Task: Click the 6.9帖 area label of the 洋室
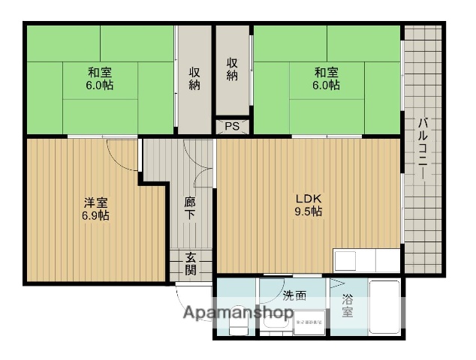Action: click(95, 216)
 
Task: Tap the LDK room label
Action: click(308, 198)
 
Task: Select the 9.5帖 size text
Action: click(308, 211)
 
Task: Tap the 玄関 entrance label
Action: click(191, 264)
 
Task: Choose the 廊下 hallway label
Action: click(191, 207)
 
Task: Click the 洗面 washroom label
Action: click(294, 295)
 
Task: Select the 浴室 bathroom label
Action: click(348, 305)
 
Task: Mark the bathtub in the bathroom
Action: click(384, 306)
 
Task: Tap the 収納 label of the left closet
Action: click(194, 78)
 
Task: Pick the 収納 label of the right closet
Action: click(233, 69)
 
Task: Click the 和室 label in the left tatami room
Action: click(100, 73)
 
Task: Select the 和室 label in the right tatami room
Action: click(326, 73)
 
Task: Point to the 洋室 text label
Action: click(95, 202)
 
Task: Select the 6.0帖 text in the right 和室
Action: click(326, 85)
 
